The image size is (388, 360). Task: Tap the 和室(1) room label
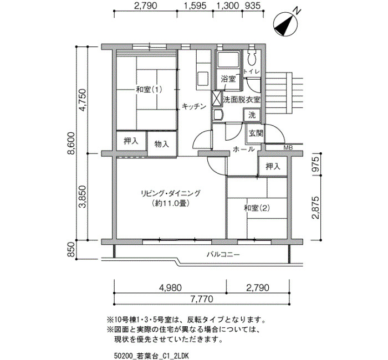tap(149, 89)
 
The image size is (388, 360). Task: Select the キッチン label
tap(194, 106)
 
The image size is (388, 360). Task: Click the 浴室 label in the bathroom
tap(228, 79)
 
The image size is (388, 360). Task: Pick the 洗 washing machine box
tap(252, 115)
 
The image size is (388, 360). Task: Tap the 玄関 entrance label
tap(256, 133)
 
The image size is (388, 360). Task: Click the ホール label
tap(244, 149)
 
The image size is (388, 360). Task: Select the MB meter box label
tap(288, 148)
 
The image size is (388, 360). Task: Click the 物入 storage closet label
tap(162, 143)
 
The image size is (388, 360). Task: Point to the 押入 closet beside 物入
tap(131, 141)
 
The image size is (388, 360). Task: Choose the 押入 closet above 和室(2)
tap(273, 166)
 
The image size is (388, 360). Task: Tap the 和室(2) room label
tap(257, 208)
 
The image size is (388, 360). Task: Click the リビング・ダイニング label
tap(171, 193)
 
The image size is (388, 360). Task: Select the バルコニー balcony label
tap(223, 254)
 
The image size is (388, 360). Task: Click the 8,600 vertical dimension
tap(71, 143)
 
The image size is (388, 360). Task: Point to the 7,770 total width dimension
tap(202, 299)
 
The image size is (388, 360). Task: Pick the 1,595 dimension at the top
tap(195, 6)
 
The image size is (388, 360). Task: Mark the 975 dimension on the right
tap(315, 164)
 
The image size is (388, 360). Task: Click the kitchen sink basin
tap(203, 78)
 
